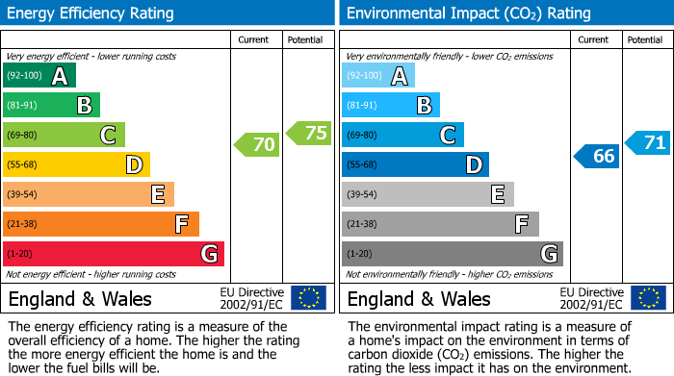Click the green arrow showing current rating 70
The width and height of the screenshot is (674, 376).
256,145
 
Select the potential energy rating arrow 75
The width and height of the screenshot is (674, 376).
309,134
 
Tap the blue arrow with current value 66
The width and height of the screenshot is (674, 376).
596,156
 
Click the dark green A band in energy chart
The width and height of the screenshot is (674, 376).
39,76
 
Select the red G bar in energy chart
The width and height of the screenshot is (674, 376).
114,254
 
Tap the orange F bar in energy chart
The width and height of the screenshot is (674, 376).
101,224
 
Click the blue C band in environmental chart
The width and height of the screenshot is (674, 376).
402,136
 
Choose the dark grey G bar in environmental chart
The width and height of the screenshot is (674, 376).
452,254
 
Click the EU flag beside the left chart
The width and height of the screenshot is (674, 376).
308,298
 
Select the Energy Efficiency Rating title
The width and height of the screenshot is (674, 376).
91,13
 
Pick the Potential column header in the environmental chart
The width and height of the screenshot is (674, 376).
645,39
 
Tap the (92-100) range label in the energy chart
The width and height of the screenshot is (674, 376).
24,76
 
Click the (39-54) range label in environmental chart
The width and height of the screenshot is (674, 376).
363,195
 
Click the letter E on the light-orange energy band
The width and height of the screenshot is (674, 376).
157,195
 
